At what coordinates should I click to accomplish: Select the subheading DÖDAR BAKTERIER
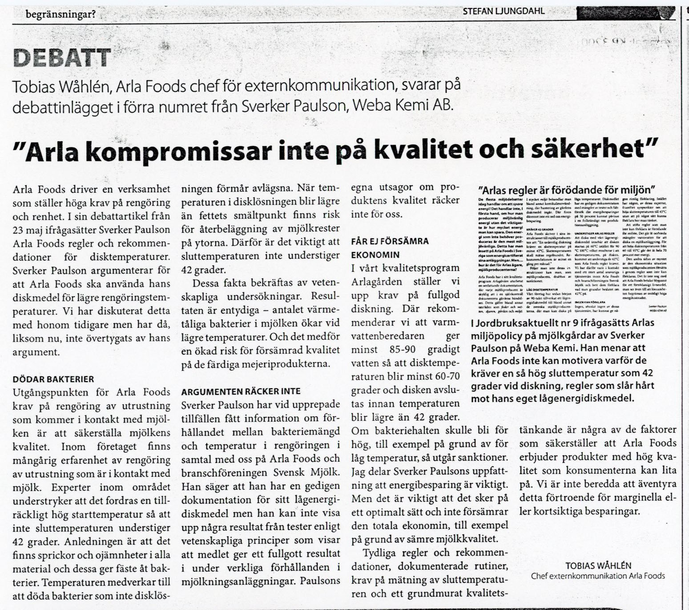53,379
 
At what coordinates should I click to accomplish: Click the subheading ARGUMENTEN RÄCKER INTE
241,391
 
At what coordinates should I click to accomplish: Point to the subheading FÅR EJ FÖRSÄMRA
390,241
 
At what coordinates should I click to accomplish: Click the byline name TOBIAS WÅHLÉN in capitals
598,566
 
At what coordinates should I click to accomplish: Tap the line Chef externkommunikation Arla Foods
598,576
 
